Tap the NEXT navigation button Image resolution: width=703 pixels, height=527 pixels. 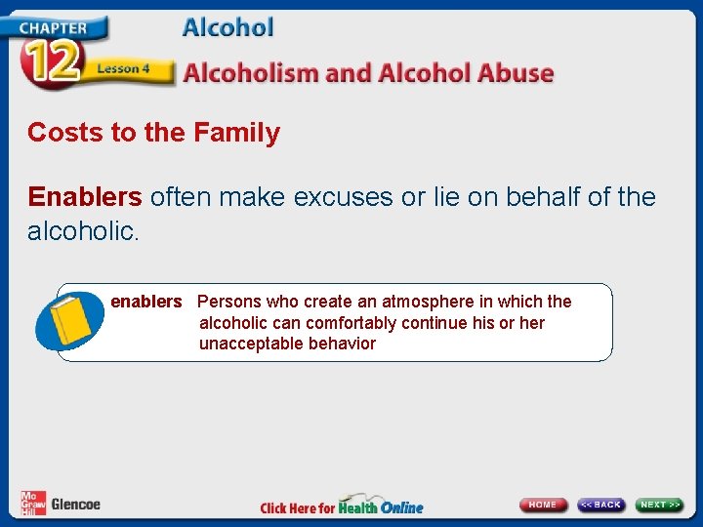click(x=660, y=505)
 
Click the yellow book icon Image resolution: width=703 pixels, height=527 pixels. click(x=68, y=322)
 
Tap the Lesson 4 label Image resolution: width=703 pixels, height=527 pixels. click(x=123, y=69)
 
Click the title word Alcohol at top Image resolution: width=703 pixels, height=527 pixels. click(x=227, y=27)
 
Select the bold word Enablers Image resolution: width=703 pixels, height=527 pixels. click(x=85, y=197)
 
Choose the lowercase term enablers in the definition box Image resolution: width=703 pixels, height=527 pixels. click(x=145, y=302)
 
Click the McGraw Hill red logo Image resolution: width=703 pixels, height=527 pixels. click(x=32, y=503)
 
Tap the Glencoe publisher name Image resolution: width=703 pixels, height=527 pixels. click(x=76, y=505)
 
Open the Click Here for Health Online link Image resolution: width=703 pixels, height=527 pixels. click(x=342, y=507)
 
